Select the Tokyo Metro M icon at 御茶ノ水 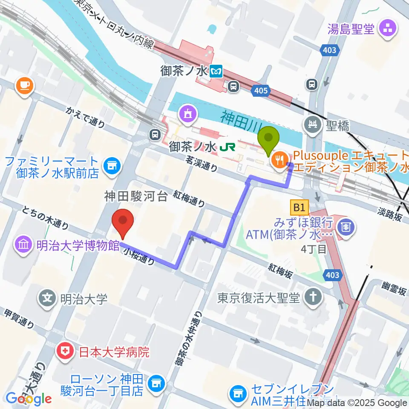[217, 71]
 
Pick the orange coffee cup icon [24, 86]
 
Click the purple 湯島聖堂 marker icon [388, 29]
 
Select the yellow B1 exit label [299, 208]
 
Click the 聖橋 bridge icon [314, 125]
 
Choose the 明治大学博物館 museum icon [23, 245]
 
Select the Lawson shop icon [156, 383]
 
